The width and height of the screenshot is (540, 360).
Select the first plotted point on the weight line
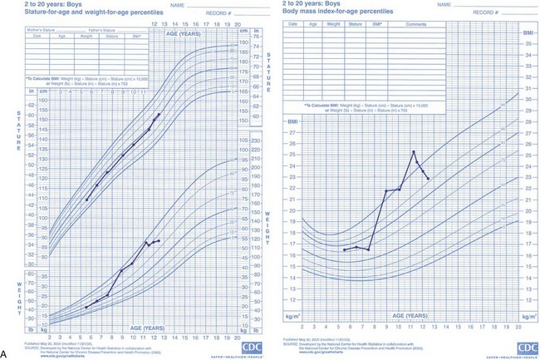click(86, 308)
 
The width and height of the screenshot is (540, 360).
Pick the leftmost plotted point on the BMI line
click(344, 249)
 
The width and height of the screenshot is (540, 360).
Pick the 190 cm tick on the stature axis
click(243, 43)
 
